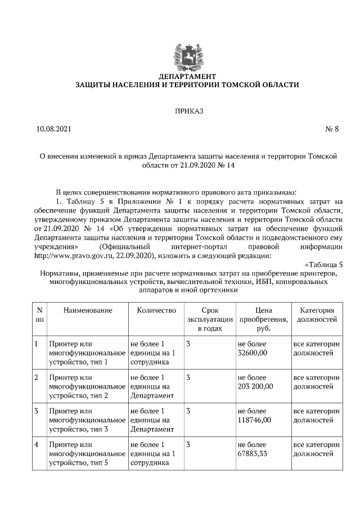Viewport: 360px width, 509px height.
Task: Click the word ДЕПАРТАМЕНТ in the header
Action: (187, 76)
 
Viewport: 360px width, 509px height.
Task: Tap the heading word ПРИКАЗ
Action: (188, 111)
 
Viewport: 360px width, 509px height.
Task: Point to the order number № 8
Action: (332, 129)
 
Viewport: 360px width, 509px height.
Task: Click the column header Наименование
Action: (88, 310)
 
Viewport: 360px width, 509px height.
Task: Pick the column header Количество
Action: (156, 310)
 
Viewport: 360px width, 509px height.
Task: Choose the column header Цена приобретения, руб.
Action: (263, 319)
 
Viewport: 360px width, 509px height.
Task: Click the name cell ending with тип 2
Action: (87, 386)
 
